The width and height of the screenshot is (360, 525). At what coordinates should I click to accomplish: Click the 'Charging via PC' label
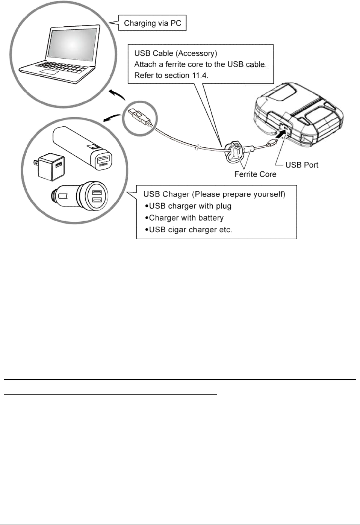tap(153, 23)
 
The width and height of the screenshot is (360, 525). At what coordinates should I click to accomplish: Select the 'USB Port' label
tap(302, 165)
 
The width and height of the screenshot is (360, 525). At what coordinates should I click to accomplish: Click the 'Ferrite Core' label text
tap(255, 174)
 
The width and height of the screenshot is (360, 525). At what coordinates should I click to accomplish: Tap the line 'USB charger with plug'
tap(190, 206)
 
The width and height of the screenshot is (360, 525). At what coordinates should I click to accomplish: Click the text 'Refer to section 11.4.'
tap(171, 75)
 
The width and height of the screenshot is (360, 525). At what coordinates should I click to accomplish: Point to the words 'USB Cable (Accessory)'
tap(175, 53)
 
